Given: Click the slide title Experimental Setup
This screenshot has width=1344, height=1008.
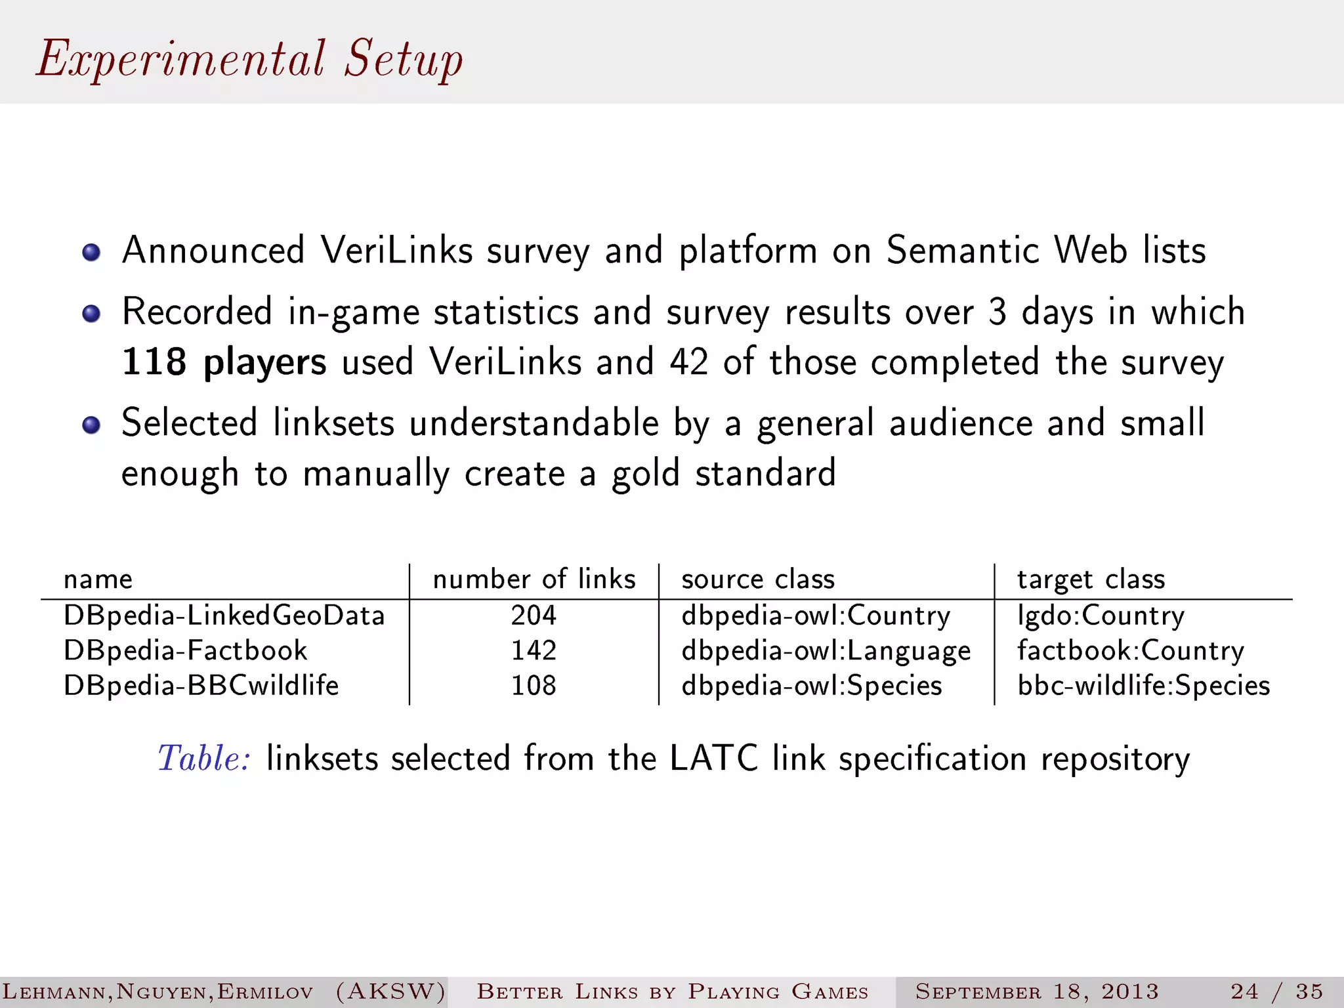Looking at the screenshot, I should pos(249,59).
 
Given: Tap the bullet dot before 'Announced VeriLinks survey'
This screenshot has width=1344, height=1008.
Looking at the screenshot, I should pos(91,253).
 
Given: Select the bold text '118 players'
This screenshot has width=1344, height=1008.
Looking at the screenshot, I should pos(224,362).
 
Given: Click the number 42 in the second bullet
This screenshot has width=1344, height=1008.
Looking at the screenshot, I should pos(689,362).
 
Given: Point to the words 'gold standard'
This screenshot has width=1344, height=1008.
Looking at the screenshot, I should pos(724,474).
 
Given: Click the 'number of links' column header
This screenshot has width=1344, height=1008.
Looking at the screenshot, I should pos(534,579).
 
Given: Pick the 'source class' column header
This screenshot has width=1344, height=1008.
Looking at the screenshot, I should pos(758,579).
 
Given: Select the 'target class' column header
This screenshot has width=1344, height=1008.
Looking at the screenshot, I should pos(1091,579).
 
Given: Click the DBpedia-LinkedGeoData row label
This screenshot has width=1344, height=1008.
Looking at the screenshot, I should pos(224,616).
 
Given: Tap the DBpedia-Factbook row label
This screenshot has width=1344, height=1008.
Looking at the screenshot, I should pos(185,650).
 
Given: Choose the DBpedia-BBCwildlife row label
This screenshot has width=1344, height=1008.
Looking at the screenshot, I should pos(201,685).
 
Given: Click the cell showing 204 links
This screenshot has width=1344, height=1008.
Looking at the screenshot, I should pos(534,616).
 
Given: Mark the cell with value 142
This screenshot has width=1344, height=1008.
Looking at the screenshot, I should pos(534,650).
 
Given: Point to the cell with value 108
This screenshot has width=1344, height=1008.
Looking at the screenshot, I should pos(534,685).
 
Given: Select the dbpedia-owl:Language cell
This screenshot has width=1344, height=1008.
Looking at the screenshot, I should pos(826,650).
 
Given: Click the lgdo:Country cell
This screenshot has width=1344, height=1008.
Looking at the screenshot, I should pos(1101,616).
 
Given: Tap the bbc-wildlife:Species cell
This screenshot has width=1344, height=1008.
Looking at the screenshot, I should pos(1143,685).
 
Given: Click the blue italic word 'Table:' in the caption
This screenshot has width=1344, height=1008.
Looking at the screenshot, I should pos(204,759).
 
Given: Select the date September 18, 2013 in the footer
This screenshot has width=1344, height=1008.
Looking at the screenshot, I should pos(1037,991).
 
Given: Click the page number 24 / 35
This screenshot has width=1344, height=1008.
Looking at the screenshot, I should pos(1276,991).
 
